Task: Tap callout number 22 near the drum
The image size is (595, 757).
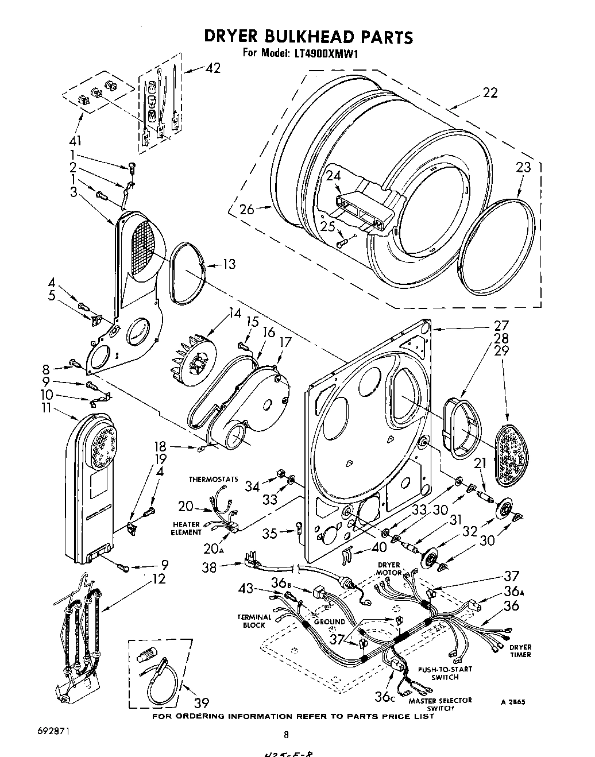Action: tap(489, 92)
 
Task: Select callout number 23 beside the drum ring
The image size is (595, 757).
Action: tap(523, 167)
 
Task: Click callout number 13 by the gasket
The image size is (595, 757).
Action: tap(229, 264)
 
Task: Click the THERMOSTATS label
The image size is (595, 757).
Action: tap(214, 479)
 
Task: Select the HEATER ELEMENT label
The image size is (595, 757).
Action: tap(186, 528)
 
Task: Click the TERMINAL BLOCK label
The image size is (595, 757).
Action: tap(254, 621)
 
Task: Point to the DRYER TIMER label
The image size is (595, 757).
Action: tap(520, 651)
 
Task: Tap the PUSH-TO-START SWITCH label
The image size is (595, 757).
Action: tap(445, 673)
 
